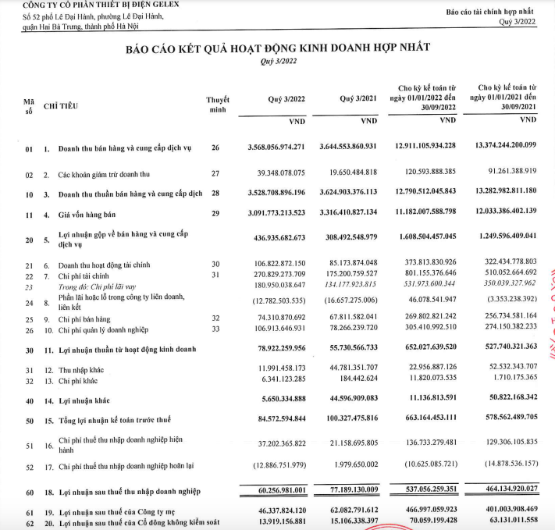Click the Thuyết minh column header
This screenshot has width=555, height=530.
click(218, 105)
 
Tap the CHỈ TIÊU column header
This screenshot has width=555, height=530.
click(60, 105)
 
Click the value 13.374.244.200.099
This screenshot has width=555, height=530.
click(504, 147)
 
